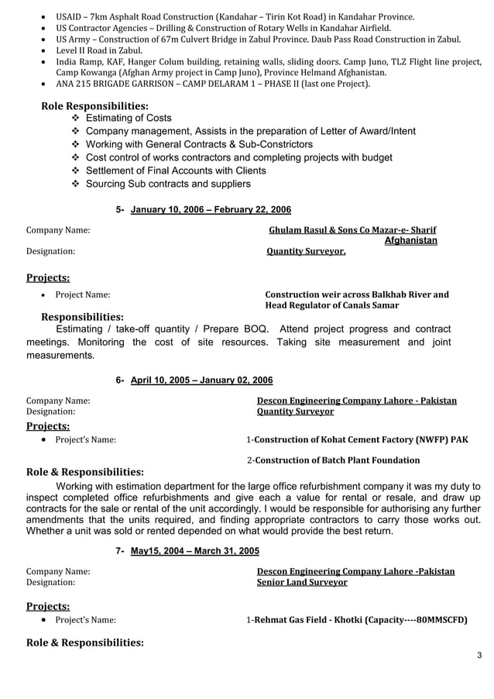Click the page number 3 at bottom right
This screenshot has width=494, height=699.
[479, 656]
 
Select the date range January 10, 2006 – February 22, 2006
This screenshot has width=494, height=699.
[211, 210]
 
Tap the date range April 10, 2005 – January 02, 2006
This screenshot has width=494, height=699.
[201, 380]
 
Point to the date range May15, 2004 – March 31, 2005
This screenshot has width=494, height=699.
[194, 551]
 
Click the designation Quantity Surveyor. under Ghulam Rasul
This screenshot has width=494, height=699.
[306, 251]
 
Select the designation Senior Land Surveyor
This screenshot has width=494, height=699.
[302, 582]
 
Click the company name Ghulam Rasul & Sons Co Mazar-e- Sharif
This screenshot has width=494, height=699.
[352, 230]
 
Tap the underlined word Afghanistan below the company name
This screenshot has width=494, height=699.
[410, 241]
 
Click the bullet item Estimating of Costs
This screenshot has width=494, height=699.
[129, 118]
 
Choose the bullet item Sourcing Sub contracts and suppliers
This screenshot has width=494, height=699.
[168, 184]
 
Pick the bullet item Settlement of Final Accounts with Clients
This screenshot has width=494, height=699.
[176, 170]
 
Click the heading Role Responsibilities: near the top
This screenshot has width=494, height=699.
[95, 105]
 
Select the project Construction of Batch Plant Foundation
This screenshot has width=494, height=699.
[337, 460]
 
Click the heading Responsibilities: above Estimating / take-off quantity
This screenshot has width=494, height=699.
[82, 317]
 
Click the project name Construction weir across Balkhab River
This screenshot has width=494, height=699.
[357, 294]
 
